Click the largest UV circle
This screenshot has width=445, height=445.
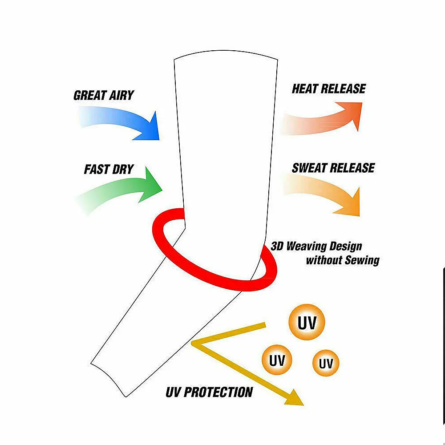pyautogui.click(x=307, y=323)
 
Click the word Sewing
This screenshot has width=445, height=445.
pyautogui.click(x=361, y=260)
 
